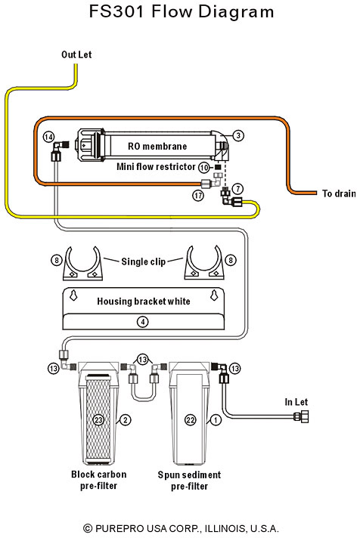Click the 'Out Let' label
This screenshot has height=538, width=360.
pyautogui.click(x=76, y=54)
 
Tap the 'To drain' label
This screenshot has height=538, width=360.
pyautogui.click(x=339, y=193)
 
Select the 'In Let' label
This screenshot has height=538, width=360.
pyautogui.click(x=296, y=402)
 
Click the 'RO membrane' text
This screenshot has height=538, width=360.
pyautogui.click(x=157, y=146)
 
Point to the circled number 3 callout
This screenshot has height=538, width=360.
pyautogui.click(x=238, y=135)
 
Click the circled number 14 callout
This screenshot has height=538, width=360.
pyautogui.click(x=48, y=137)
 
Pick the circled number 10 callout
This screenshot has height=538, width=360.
pyautogui.click(x=204, y=168)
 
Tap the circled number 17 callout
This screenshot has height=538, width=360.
pyautogui.click(x=198, y=196)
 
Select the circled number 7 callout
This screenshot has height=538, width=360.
pyautogui.click(x=237, y=188)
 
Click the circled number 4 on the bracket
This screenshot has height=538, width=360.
pyautogui.click(x=142, y=322)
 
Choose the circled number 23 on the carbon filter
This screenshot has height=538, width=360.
pyautogui.click(x=98, y=419)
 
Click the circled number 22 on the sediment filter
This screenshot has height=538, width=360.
pyautogui.click(x=191, y=419)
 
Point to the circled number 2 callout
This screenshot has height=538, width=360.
pyautogui.click(x=126, y=419)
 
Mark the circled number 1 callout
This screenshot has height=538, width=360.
pyautogui.click(x=216, y=419)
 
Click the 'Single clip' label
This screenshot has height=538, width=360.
pyautogui.click(x=143, y=261)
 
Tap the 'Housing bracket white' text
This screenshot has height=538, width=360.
pyautogui.click(x=143, y=301)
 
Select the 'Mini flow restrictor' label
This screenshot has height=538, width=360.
pyautogui.click(x=156, y=167)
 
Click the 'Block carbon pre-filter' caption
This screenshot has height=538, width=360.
pyautogui.click(x=98, y=480)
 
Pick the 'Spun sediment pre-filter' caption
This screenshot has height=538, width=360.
pyautogui.click(x=189, y=481)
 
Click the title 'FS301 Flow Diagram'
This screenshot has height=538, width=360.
pyautogui.click(x=182, y=11)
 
